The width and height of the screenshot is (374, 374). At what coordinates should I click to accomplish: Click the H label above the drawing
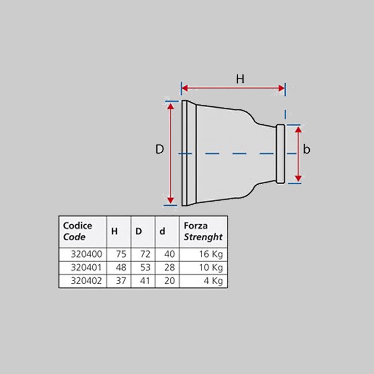pos(240,79)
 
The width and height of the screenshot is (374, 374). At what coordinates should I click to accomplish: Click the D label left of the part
pos(160,149)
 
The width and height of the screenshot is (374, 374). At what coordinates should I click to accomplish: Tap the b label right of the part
pos(307,149)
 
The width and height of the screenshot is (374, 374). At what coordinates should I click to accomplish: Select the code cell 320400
pos(87,254)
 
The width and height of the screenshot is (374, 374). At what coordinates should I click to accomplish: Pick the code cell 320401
pos(86,267)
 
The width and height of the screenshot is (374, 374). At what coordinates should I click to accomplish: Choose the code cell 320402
pos(86,280)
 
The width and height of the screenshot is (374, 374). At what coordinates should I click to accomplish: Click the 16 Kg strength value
pos(211,254)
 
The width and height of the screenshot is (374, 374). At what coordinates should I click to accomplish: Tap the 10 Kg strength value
pos(211,268)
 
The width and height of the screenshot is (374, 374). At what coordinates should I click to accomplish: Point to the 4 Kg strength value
pos(213,281)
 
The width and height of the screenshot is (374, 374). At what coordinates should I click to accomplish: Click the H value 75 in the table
pos(121,254)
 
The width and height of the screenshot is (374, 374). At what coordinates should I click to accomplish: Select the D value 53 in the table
pos(145,267)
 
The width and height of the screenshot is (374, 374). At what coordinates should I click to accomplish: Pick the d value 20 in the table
pos(169,280)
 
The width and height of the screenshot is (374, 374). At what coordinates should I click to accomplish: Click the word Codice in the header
pos(77,226)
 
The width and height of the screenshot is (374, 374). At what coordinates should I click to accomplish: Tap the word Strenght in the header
pos(203,237)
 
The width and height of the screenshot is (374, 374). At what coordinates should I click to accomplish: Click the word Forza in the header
pos(196,226)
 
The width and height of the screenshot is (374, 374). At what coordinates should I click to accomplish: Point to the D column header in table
pos(139,231)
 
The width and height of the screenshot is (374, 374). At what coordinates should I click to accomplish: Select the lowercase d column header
pos(162,231)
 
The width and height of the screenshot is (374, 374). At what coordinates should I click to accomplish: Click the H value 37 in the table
pos(121,280)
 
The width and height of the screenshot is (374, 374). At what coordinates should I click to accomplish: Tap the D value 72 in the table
pos(145,254)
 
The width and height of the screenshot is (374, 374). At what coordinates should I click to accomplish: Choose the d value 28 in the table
pos(169,267)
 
